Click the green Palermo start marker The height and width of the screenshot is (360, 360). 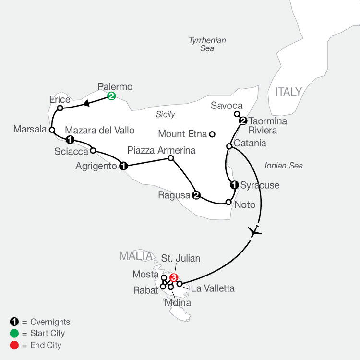111,96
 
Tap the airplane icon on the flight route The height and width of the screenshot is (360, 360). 255,232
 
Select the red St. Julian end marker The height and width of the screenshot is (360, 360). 174,277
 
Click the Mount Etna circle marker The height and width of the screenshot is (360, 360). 212,134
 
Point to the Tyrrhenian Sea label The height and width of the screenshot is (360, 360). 207,44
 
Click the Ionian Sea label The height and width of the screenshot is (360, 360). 283,166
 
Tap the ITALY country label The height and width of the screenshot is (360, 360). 288,92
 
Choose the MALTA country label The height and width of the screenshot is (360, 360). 136,256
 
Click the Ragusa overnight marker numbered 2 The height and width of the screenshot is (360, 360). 196,195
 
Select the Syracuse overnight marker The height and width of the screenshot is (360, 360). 234,185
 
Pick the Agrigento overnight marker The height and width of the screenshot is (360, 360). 123,166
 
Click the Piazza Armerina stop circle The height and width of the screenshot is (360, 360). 170,158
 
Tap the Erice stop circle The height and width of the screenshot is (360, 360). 60,108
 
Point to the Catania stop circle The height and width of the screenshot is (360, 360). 229,146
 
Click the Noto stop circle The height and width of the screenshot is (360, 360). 228,202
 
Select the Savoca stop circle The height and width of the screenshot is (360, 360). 237,114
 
